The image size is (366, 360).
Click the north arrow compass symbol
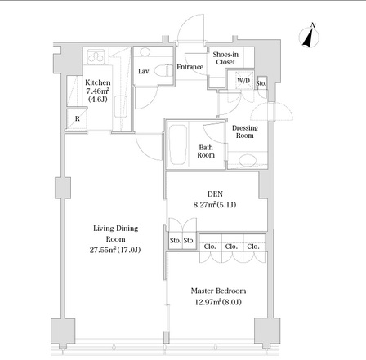tap(309, 37)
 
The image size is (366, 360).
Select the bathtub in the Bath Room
tap(178, 144)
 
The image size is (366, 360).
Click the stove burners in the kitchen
tap(96, 57)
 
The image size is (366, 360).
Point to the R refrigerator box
tap(77, 119)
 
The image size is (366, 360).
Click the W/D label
tap(243, 81)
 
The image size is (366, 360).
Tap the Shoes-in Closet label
tap(225, 58)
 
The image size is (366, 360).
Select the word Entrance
tap(190, 67)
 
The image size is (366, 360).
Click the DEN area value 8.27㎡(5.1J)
tap(215, 205)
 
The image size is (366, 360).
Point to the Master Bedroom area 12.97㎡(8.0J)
tap(218, 302)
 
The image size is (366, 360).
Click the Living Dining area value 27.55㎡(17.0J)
tap(115, 250)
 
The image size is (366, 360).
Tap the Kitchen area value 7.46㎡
tap(98, 91)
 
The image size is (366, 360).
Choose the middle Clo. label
tap(231, 247)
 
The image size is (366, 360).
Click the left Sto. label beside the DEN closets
tap(176, 241)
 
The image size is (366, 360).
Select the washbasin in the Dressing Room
tap(248, 160)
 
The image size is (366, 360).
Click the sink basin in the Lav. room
tap(145, 52)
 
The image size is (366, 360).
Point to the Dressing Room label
tap(244, 131)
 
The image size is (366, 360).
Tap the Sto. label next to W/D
tap(261, 83)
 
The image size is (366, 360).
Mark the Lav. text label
tap(144, 72)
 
